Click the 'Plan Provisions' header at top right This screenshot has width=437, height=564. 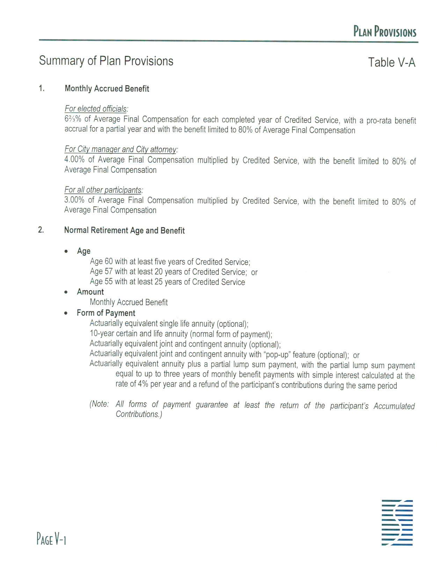[385, 32]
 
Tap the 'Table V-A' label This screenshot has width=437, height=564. [392, 63]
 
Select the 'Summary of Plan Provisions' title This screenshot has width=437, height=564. [106, 61]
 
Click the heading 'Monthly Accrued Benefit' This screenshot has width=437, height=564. [107, 89]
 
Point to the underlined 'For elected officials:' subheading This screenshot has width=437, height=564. [96, 109]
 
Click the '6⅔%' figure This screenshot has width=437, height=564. [73, 119]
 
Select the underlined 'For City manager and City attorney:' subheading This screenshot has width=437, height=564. [121, 149]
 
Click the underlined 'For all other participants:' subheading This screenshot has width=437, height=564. [103, 190]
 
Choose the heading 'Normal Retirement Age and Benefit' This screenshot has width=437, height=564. [124, 230]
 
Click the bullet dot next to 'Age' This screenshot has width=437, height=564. [66, 251]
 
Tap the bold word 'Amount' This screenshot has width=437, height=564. [90, 292]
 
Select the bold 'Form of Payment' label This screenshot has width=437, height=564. [106, 313]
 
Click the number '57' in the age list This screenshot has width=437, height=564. [109, 272]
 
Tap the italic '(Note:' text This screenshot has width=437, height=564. [99, 404]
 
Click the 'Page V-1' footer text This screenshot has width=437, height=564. [51, 539]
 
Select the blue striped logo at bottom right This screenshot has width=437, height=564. [397, 522]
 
